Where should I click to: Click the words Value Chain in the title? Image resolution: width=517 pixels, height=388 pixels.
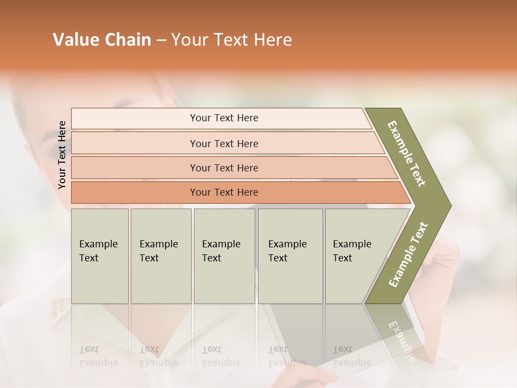click(x=102, y=40)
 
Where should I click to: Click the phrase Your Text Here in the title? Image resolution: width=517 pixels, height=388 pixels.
click(x=232, y=40)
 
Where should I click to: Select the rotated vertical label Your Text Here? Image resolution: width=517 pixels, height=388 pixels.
click(x=62, y=155)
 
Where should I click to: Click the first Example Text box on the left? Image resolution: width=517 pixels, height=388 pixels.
click(x=100, y=256)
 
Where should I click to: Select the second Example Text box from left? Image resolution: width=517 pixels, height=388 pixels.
click(x=160, y=256)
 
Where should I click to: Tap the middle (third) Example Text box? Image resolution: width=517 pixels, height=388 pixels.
click(x=224, y=256)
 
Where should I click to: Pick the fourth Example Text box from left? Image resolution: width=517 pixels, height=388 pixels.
click(x=290, y=256)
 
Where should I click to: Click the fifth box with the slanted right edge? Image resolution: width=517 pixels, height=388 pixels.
click(x=355, y=256)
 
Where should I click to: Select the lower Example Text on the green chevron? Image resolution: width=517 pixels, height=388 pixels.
click(x=408, y=255)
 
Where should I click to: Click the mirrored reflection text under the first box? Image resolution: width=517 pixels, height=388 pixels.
click(x=99, y=356)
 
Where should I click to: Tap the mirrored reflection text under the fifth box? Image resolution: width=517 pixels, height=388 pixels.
click(x=352, y=356)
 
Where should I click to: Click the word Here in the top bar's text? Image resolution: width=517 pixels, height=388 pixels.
click(x=248, y=118)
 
